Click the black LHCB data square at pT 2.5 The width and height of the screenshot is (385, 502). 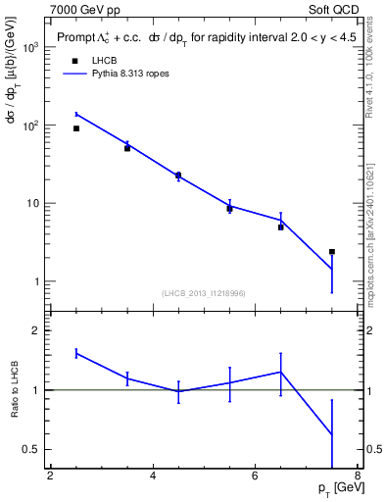[76, 128]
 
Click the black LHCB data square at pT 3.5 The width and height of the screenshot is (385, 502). [127, 148]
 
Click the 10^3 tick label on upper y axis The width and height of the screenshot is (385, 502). [30, 48]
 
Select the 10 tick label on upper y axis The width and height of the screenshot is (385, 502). [33, 204]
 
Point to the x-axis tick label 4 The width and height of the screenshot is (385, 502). [153, 477]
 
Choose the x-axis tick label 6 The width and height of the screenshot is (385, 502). [255, 477]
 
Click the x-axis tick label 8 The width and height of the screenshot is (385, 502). [357, 477]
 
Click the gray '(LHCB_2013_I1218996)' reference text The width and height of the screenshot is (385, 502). [205, 293]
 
